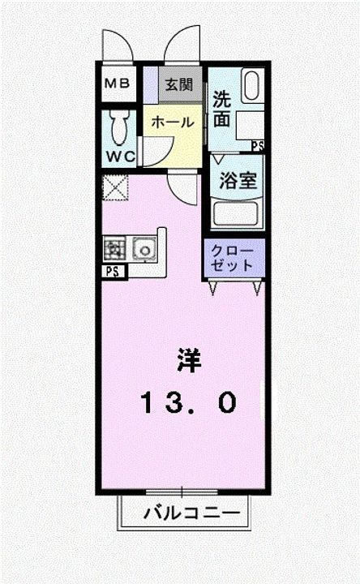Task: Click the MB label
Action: (x=119, y=84)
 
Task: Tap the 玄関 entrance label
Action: (x=178, y=84)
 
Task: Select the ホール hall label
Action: (x=173, y=122)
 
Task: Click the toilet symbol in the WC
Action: (x=119, y=126)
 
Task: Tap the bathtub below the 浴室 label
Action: (x=235, y=214)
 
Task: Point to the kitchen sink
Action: (x=144, y=248)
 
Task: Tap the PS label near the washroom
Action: (x=257, y=146)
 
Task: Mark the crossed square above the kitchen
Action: (x=112, y=190)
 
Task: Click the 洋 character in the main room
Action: (x=189, y=358)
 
